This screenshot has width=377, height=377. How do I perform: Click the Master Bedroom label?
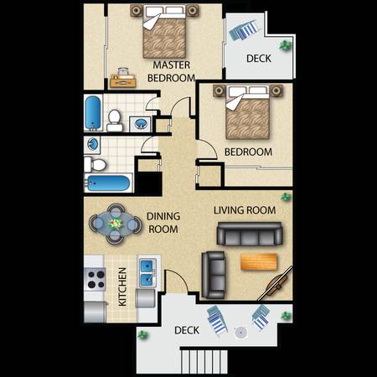click(x=171, y=71)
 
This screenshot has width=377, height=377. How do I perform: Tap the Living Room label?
click(x=245, y=210)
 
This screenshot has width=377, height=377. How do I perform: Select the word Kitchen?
click(x=122, y=287)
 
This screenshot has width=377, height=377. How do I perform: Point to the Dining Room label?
click(x=163, y=223)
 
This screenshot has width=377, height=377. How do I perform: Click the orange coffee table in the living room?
click(x=259, y=261)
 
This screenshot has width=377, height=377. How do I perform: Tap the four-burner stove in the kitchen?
click(x=96, y=279)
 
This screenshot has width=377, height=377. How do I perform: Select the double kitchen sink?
click(x=147, y=272)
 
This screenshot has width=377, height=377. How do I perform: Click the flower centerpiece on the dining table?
click(x=116, y=224)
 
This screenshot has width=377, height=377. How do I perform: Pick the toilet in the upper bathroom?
click(x=115, y=121)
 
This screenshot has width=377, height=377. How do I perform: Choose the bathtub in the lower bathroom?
click(x=108, y=183)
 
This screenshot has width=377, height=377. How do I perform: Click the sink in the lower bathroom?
click(x=92, y=144)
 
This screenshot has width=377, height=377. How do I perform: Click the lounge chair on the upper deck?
click(x=245, y=29)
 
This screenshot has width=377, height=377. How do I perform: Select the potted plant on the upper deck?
click(x=286, y=45)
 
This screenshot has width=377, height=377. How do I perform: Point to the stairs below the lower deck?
click(x=204, y=362)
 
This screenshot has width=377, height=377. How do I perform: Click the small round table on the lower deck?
click(x=240, y=333)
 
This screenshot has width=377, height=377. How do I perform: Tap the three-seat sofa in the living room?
click(x=250, y=234)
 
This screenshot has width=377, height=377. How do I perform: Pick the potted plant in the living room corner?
click(x=286, y=197)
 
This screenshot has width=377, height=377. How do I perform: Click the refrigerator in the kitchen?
click(x=96, y=312)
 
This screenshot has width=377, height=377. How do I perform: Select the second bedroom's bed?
click(x=247, y=113)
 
